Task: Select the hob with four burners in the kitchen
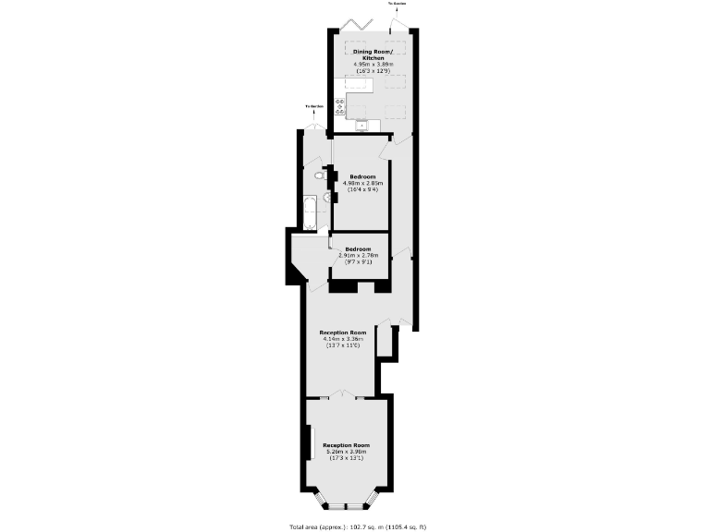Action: pos(340,106)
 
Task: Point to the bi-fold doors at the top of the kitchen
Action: pos(357,23)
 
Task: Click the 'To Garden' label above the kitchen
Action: pos(398,4)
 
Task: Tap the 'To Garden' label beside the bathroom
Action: pos(315,106)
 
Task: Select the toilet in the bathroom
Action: pos(319,174)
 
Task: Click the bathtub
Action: pos(310,212)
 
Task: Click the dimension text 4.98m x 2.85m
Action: pos(361,183)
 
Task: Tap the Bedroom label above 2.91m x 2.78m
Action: pos(358,249)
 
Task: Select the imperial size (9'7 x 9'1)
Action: pos(358,262)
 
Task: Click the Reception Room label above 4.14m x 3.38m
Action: pos(343,332)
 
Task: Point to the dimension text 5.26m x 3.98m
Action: pos(346,452)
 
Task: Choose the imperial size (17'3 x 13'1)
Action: pos(346,458)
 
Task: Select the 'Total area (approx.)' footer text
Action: pos(357,526)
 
